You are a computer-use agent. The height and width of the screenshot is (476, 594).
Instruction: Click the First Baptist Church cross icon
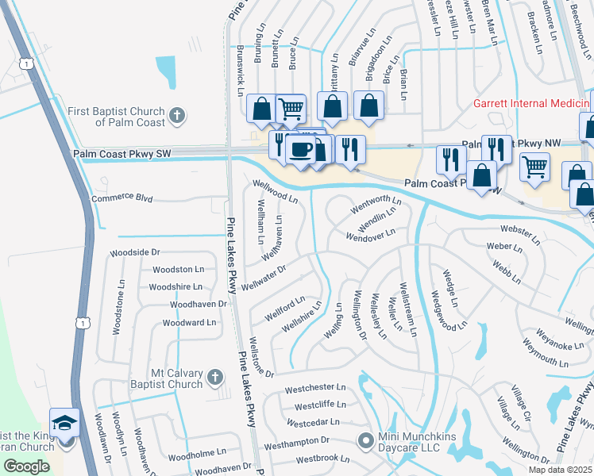176,115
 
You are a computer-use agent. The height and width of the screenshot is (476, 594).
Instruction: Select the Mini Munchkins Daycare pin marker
364,439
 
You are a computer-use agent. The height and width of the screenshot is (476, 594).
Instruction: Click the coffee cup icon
299,148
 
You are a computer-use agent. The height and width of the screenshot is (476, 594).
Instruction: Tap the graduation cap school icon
64,422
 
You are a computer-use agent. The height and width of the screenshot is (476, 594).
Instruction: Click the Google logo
26,466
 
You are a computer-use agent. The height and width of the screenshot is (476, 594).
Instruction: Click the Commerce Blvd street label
121,198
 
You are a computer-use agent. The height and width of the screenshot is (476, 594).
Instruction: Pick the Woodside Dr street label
135,252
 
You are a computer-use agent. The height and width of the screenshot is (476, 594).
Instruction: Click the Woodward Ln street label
189,323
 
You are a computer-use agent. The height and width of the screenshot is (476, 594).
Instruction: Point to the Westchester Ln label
315,388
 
